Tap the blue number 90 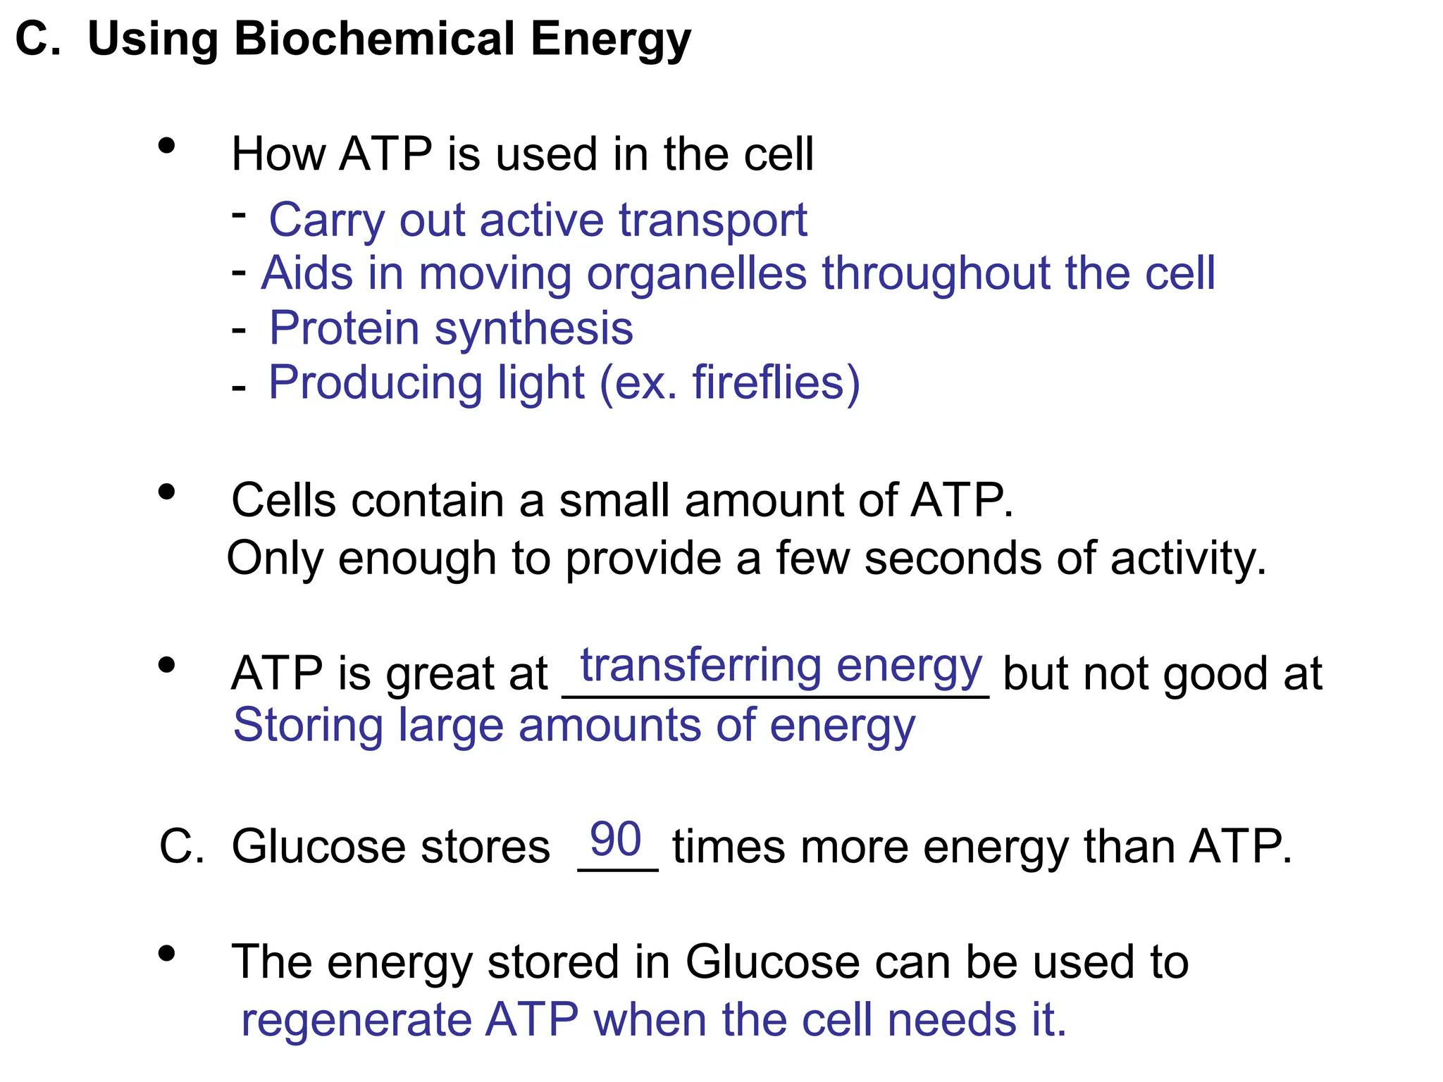pos(615,839)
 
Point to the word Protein pos(345,328)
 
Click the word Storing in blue pos(308,725)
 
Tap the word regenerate pos(356,1019)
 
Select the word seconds pos(953,559)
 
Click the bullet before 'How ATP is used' pos(167,146)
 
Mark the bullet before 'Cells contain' pos(167,492)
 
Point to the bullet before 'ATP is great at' pos(167,665)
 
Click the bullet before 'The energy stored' pos(167,954)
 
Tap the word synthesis pos(533,328)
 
